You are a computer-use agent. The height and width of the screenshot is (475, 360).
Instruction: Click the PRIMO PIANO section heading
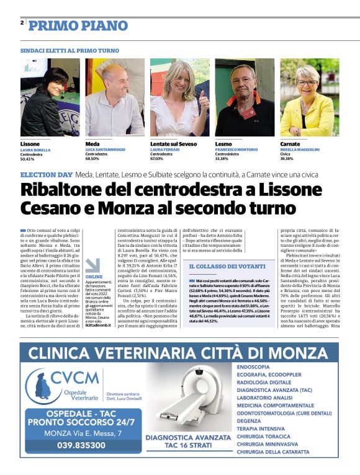(x=78, y=25)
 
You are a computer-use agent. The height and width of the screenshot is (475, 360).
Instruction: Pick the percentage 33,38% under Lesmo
(x=222, y=159)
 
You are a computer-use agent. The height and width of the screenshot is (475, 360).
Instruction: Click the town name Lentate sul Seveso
(x=173, y=144)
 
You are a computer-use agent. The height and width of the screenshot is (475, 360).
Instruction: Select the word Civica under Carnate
(x=286, y=154)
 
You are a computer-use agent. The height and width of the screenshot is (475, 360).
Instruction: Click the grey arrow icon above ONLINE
(x=93, y=265)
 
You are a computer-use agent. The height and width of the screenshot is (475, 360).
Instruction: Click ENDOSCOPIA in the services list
(x=253, y=366)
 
